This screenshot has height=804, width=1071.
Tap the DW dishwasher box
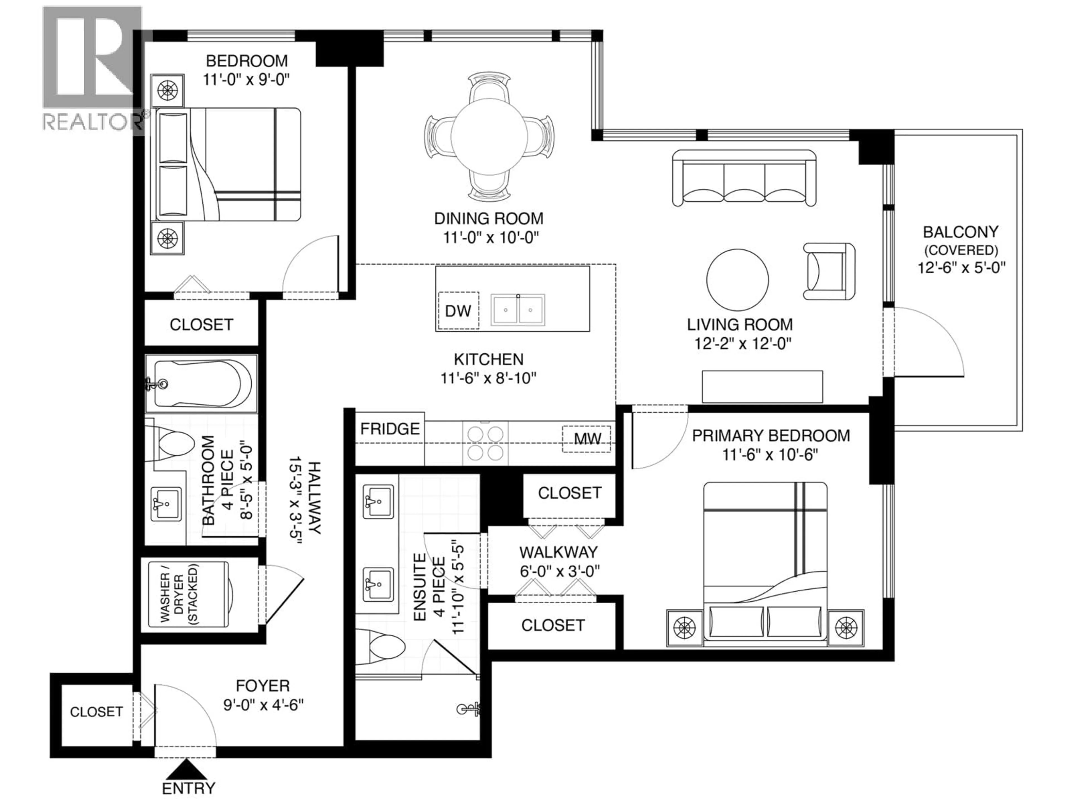click(458, 311)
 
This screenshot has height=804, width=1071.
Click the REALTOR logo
click(93, 69)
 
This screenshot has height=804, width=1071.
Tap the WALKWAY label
click(558, 552)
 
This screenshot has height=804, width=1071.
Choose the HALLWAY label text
click(315, 497)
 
